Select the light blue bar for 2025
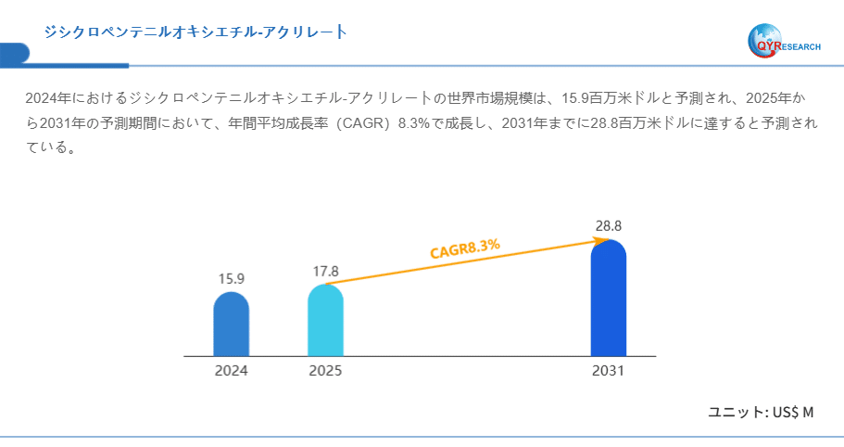[325, 321]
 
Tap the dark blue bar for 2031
[609, 299]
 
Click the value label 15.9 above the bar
[231, 278]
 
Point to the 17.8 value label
[325, 271]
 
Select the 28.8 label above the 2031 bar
[609, 225]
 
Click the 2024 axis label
[231, 370]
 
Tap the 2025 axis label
[325, 370]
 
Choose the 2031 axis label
[609, 370]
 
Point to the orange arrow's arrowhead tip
[608, 240]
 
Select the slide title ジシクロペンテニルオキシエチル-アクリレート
[195, 32]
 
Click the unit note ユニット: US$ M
[761, 411]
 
